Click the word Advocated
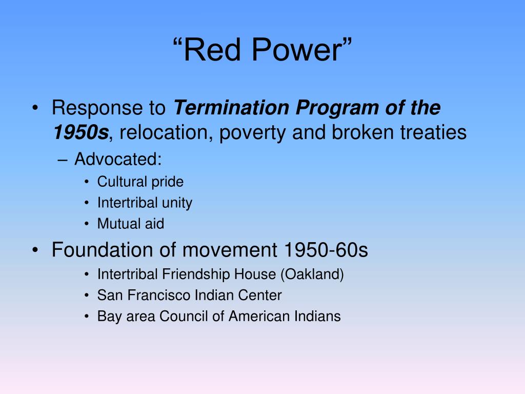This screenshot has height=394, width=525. (117, 159)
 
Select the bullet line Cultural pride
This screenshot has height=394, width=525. (140, 182)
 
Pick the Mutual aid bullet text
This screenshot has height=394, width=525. (131, 224)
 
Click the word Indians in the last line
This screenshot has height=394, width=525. (318, 316)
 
